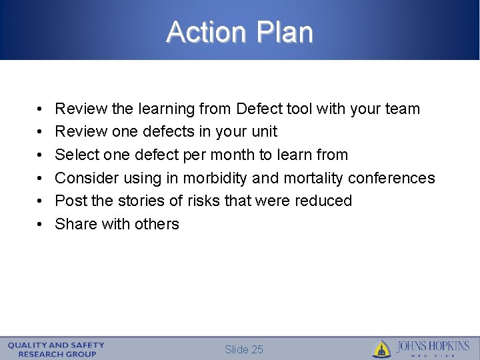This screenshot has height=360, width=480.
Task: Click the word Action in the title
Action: (x=205, y=32)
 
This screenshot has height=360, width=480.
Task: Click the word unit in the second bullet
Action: (x=265, y=132)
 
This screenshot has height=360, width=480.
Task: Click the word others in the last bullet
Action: (x=157, y=224)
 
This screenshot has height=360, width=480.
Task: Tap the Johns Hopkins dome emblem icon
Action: (x=381, y=349)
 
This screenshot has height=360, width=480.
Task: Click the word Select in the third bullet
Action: (x=74, y=155)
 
